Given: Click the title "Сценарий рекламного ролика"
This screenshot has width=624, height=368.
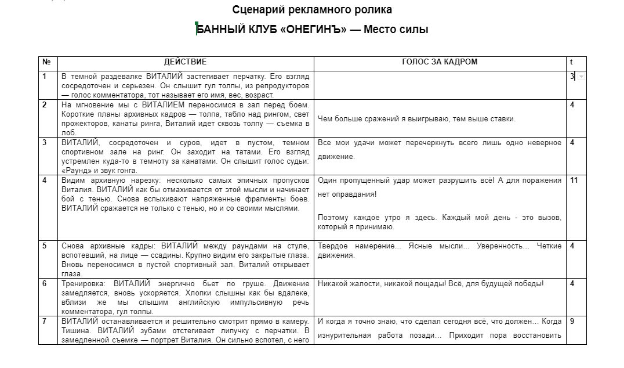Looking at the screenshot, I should [x=312, y=10].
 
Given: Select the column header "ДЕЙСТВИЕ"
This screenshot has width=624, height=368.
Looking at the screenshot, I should [x=185, y=62].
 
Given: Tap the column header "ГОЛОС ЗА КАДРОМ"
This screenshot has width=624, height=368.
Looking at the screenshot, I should [x=440, y=62].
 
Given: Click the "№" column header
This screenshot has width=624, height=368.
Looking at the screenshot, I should [x=46, y=62].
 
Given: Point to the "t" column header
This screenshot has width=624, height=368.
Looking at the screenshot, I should [x=571, y=62].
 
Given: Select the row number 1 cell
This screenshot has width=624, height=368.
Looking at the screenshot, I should [x=45, y=77].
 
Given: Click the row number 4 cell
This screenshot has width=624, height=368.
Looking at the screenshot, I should [x=45, y=181].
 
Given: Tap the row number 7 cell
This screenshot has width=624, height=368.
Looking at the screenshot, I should [x=45, y=321].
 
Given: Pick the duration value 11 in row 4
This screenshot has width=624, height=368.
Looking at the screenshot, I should [x=574, y=181].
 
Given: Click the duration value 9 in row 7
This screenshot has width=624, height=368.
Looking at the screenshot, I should [x=572, y=321].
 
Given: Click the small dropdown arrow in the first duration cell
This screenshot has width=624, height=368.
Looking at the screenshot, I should [x=581, y=77].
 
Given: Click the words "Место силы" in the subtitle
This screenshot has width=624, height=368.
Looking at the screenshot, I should [x=396, y=30].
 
